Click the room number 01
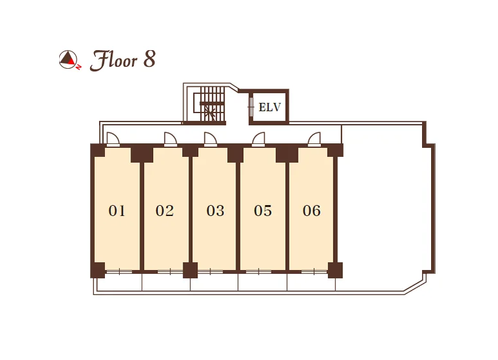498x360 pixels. click(x=117, y=211)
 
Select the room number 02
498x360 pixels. click(x=165, y=211)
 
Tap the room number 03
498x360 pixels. click(x=216, y=211)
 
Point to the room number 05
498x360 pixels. click(x=263, y=211)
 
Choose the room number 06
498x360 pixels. click(x=311, y=211)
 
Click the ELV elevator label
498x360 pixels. click(x=270, y=107)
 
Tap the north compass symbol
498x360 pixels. click(x=69, y=60)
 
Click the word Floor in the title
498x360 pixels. click(x=114, y=60)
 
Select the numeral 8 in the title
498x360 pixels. click(x=149, y=59)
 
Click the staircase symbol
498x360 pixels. click(x=209, y=104)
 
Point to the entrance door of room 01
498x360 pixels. click(x=113, y=139)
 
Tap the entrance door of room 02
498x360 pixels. click(x=171, y=139)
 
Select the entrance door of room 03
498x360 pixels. click(x=210, y=139)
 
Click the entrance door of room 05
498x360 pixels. click(x=259, y=139)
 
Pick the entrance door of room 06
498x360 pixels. click(x=315, y=139)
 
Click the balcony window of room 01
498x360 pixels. click(x=119, y=272)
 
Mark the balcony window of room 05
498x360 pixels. click(x=259, y=272)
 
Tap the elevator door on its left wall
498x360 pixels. click(x=251, y=107)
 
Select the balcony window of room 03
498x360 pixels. click(x=210, y=272)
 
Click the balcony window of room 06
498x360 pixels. click(x=314, y=272)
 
